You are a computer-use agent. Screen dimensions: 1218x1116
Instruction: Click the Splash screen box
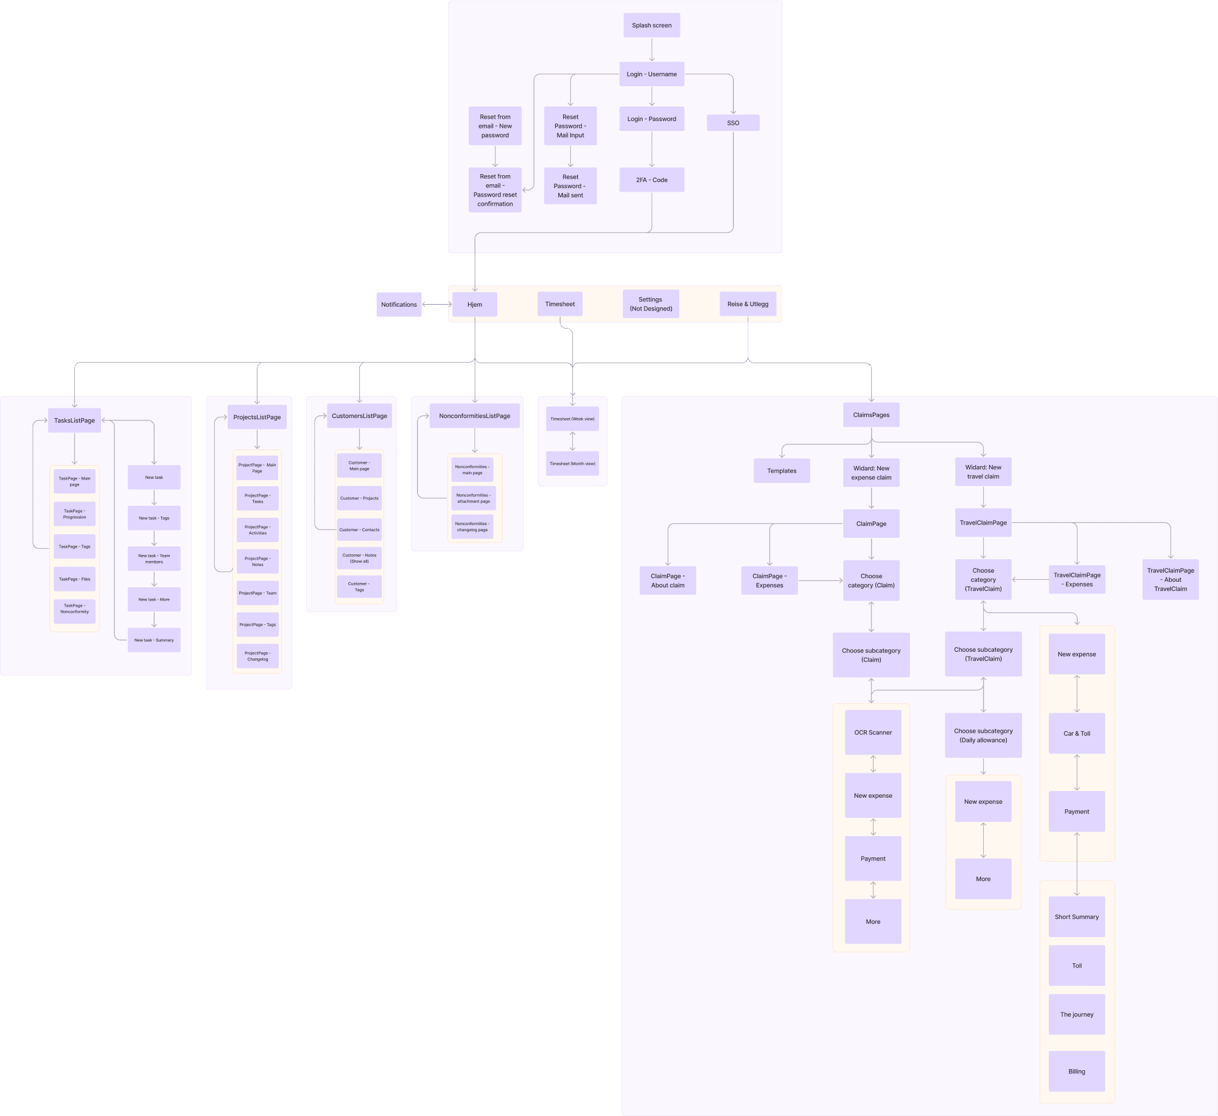click(651, 26)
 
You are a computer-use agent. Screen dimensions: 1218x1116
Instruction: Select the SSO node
click(733, 123)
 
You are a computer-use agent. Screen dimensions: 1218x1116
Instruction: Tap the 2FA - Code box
click(651, 180)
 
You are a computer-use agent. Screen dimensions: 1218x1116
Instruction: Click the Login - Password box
click(651, 119)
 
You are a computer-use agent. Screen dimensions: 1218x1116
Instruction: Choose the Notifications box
click(399, 305)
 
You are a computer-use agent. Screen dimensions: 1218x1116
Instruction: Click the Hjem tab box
click(475, 305)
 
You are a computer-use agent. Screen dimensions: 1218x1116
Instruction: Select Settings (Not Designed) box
click(651, 304)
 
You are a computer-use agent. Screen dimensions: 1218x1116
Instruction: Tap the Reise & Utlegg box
click(747, 304)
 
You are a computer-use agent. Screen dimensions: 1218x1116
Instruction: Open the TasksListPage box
click(74, 420)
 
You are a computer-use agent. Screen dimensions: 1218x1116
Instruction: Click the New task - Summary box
click(154, 640)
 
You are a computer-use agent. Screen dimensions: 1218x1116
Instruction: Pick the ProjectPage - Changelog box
click(257, 656)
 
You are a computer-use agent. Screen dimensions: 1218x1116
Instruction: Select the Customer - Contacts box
click(359, 530)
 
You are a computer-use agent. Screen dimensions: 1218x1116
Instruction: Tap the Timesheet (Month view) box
click(572, 464)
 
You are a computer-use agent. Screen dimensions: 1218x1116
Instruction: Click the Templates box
click(782, 471)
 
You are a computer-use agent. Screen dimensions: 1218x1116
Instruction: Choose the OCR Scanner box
click(873, 733)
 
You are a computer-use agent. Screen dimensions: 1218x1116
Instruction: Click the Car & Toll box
click(1076, 734)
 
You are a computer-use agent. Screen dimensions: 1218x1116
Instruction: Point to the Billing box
click(1076, 1072)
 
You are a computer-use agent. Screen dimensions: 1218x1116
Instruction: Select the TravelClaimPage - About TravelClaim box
click(1170, 580)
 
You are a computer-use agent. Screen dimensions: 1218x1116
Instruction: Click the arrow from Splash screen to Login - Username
click(651, 50)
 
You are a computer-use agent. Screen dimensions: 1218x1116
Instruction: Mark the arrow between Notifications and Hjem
click(437, 305)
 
